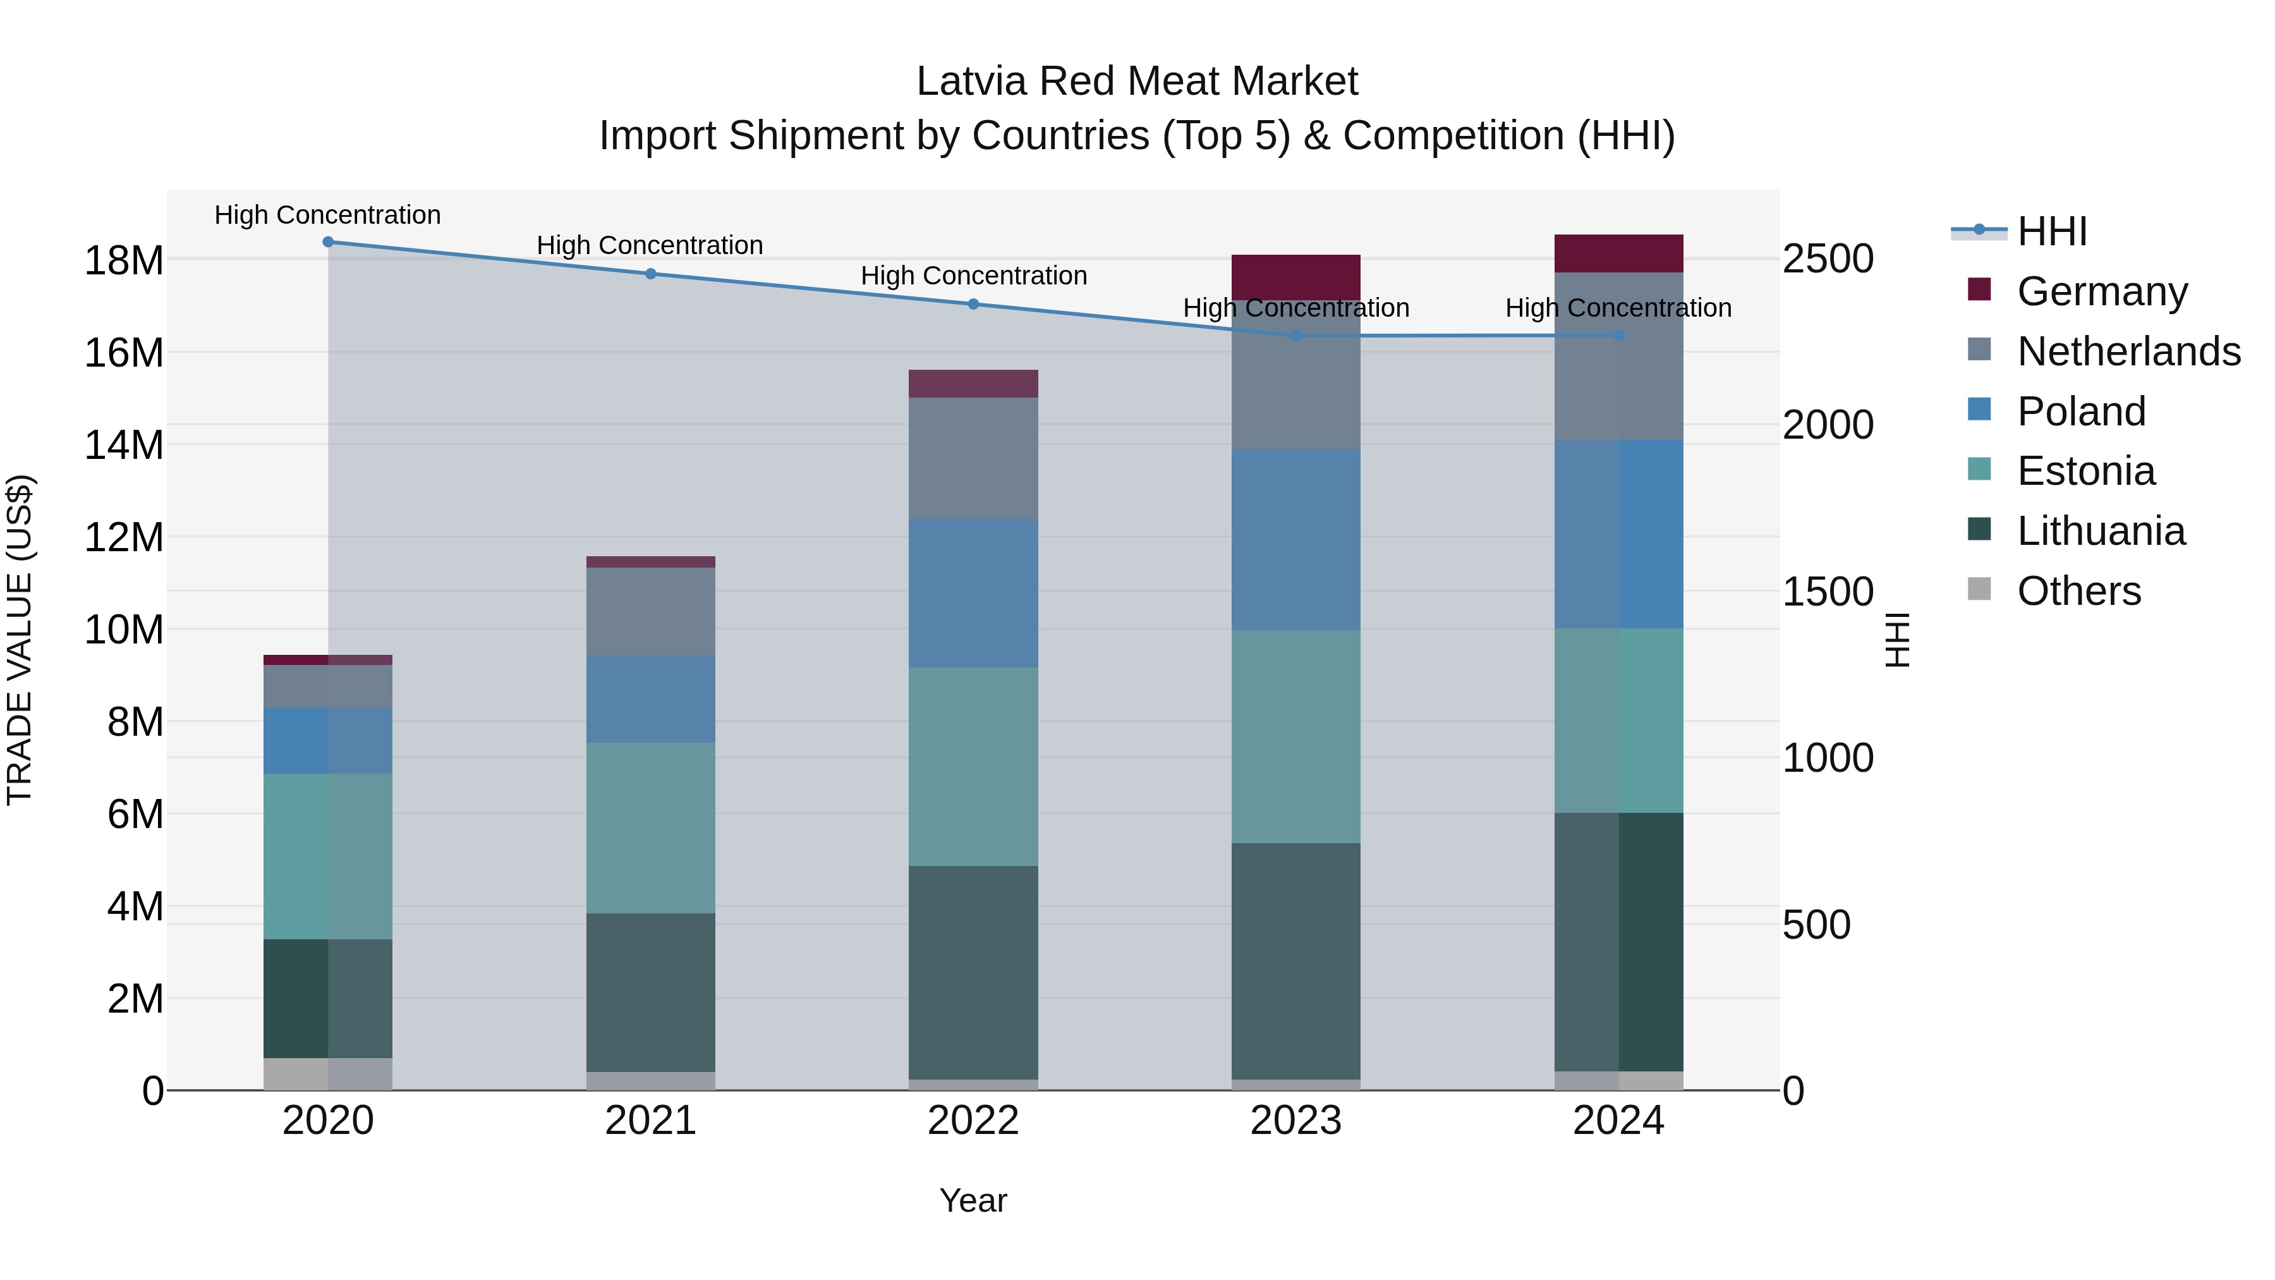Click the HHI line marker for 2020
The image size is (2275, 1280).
click(x=327, y=242)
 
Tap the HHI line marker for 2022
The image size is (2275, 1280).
click(x=973, y=304)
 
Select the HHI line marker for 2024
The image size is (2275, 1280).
click(x=1618, y=336)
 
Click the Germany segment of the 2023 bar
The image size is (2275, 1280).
click(x=1295, y=276)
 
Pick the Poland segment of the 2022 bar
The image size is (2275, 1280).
click(x=973, y=593)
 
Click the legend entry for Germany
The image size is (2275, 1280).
click(x=2102, y=291)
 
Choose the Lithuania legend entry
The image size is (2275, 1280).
click(x=2100, y=532)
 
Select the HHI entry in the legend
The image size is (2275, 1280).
click(x=2051, y=231)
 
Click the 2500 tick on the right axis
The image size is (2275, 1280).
click(x=1827, y=259)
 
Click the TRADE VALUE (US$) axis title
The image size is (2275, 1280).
click(x=20, y=640)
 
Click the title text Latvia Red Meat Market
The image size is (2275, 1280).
click(x=1137, y=82)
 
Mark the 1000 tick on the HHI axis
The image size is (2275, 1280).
click(x=1827, y=758)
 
